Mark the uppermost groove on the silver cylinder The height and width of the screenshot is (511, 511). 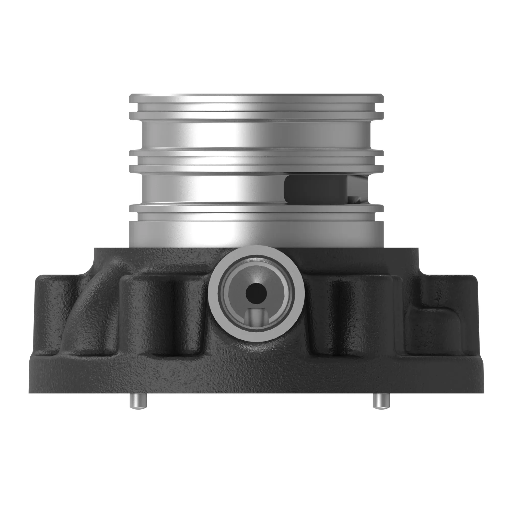256,107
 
